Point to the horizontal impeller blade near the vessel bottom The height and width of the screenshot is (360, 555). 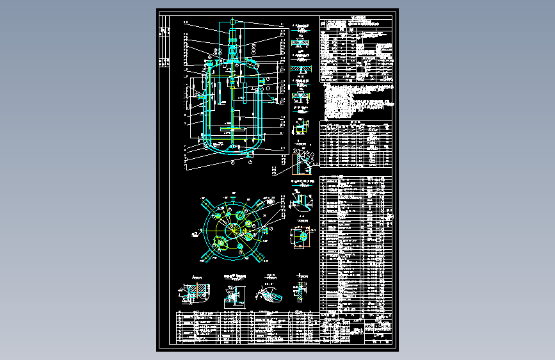tap(232, 129)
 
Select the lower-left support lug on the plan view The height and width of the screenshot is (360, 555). tap(207, 257)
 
